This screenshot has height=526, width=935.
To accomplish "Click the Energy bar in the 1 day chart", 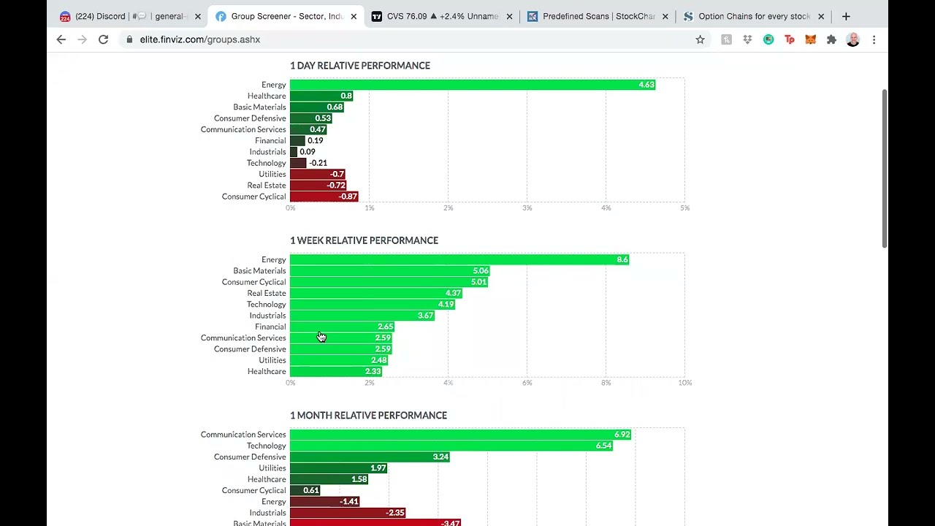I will tap(472, 85).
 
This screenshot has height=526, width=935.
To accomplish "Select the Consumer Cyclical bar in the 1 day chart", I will tap(324, 197).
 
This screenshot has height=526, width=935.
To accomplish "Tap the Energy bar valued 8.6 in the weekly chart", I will tap(459, 259).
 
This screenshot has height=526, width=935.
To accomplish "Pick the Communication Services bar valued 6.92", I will tap(460, 435).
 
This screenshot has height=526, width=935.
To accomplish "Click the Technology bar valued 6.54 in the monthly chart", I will tap(451, 446).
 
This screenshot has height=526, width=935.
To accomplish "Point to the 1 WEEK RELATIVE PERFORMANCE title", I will tap(364, 240).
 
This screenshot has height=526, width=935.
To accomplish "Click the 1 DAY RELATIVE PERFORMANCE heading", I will tap(359, 66).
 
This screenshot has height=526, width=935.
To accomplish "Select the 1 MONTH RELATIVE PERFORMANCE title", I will tap(368, 415).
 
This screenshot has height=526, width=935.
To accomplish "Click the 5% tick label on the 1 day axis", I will tap(684, 208).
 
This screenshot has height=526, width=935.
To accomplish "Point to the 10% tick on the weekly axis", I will tap(684, 383).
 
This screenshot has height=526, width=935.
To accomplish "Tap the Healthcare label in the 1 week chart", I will tap(267, 371).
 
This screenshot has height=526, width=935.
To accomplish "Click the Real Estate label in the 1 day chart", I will tap(267, 186).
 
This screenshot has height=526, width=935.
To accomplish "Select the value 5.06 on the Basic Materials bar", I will tap(480, 271).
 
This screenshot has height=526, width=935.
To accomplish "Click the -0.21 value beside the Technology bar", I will tap(318, 163).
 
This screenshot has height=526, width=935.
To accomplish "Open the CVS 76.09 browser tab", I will tap(441, 16).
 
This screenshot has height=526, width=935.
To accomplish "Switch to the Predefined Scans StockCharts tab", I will tap(598, 16).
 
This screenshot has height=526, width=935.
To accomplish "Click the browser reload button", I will tap(103, 39).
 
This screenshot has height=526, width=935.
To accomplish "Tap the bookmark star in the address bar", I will tap(700, 39).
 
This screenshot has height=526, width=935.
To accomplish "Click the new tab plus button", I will tap(846, 16).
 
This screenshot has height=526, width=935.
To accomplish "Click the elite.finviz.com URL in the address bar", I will tap(199, 39).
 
